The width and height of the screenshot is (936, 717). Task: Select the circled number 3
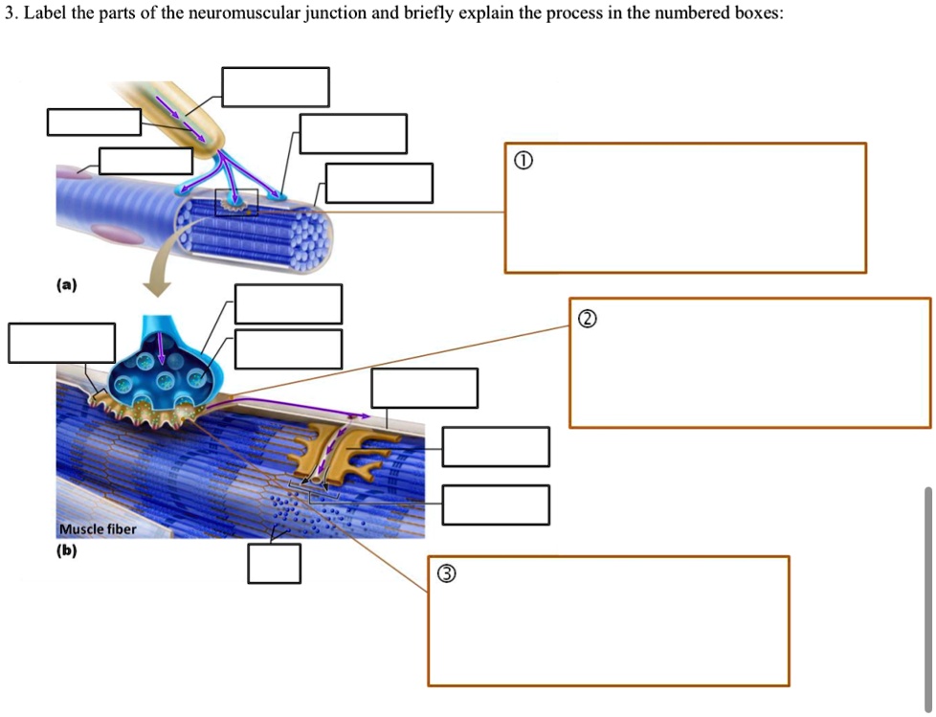coord(446,574)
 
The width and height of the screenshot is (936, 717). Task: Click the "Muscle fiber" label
coord(97,529)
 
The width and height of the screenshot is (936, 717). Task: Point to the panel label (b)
coord(66,550)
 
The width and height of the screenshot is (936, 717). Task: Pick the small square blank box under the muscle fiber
coord(274,563)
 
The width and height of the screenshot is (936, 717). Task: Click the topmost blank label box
coord(276,87)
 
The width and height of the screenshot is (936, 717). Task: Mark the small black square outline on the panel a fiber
coord(236,201)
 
